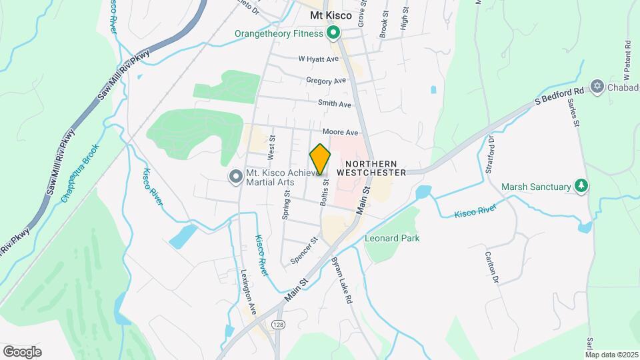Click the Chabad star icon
point(597,87)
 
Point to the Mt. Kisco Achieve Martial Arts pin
point(235,177)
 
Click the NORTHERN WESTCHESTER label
point(371,168)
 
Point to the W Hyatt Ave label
point(319,59)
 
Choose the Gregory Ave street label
point(326,81)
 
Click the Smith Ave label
point(334,104)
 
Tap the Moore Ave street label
point(340,133)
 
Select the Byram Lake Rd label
point(341,280)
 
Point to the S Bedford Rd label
point(560,96)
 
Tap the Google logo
point(22,351)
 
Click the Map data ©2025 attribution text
point(611,355)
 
